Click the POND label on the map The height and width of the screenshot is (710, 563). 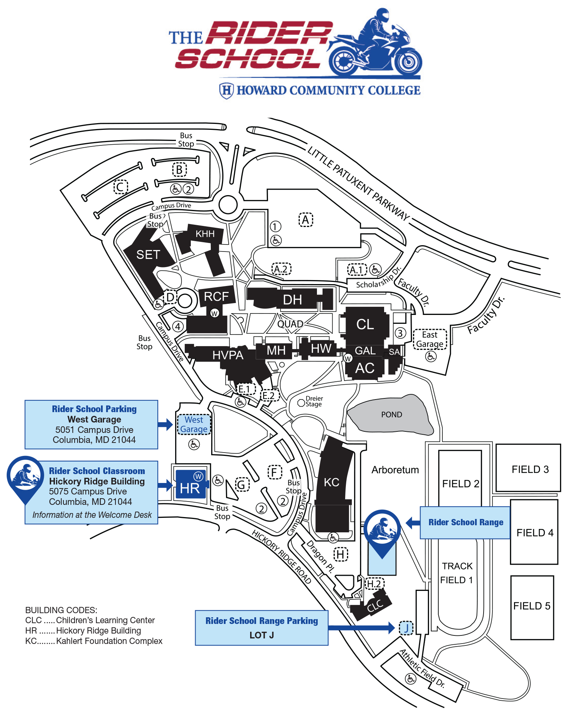(x=391, y=414)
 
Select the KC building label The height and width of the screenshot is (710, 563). (x=331, y=482)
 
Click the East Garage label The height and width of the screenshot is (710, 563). (x=430, y=339)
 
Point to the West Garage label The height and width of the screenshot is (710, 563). (x=194, y=424)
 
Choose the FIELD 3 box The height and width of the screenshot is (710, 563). (x=530, y=469)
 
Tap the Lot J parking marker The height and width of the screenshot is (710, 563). (x=406, y=628)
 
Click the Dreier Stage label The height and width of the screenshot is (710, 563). (x=314, y=401)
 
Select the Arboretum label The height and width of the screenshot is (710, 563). (x=395, y=470)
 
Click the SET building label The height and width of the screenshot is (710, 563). (x=148, y=255)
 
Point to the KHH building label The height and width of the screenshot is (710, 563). (x=205, y=234)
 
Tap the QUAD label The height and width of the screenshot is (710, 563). (x=290, y=324)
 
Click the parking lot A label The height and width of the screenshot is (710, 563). (x=305, y=220)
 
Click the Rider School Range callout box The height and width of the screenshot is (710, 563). (x=465, y=522)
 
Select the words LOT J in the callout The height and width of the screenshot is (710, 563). (x=262, y=635)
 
